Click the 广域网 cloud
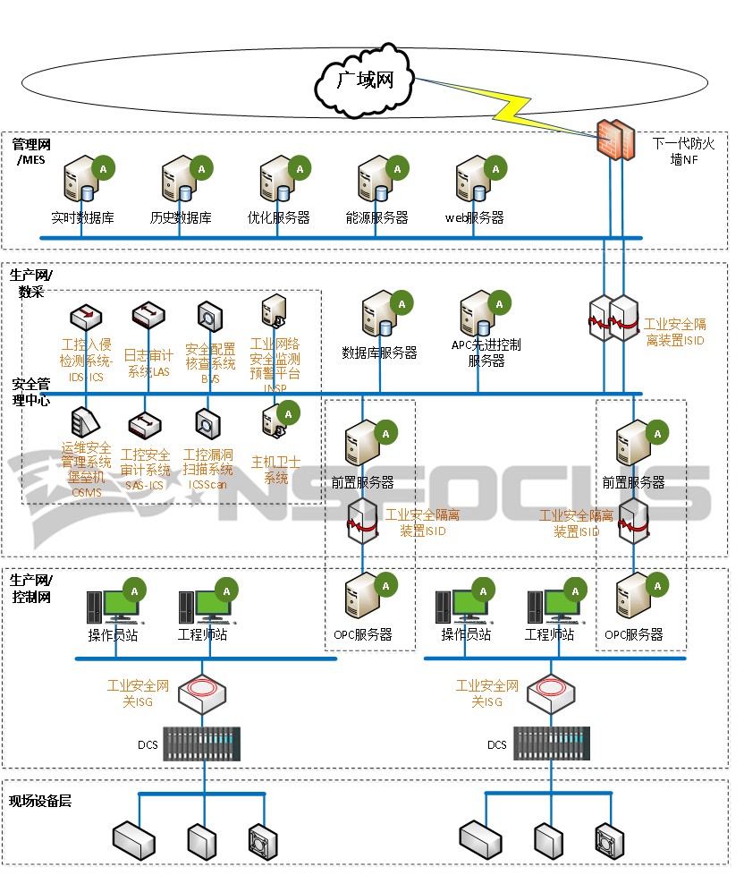365,81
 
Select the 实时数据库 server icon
81,180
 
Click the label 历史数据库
181,217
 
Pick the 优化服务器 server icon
278,180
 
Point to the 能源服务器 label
376,217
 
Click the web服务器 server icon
474,180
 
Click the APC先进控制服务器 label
486,353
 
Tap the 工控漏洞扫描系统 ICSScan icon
207,422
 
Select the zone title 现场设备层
40,801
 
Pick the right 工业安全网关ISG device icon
549,692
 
